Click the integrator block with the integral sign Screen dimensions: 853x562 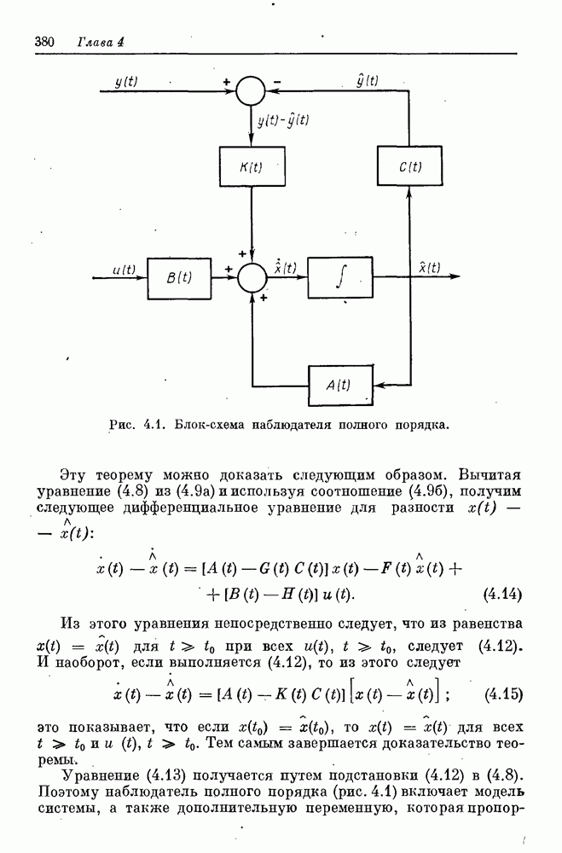click(x=340, y=276)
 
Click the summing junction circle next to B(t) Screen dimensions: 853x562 click(x=251, y=277)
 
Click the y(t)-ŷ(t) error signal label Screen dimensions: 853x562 click(x=283, y=121)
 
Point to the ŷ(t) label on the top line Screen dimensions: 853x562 click(x=367, y=79)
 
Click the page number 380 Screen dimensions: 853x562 click(x=44, y=41)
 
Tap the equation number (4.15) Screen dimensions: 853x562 click(x=502, y=693)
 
